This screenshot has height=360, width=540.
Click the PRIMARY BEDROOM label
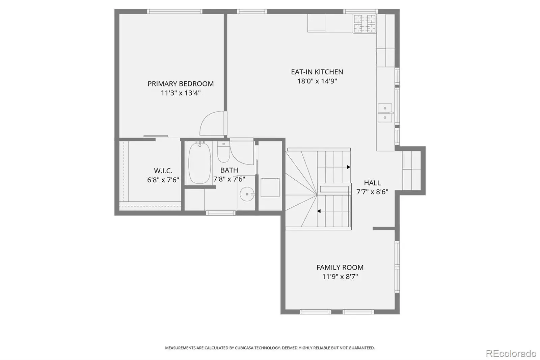181,84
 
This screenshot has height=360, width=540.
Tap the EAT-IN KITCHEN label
317,72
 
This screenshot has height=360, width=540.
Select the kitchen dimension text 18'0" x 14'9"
317,81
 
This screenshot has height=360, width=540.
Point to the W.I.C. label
163,171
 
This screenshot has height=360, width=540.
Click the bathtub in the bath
199,163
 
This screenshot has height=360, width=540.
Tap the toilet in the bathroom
223,152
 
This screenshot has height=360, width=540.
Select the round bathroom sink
247,194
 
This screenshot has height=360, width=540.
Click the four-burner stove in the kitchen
364,24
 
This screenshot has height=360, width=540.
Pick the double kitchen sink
385,113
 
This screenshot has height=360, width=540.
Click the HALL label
372,183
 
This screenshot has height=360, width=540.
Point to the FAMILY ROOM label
340,267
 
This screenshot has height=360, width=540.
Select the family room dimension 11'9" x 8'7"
340,277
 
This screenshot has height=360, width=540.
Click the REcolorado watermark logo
511,354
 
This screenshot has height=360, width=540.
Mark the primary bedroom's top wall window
175,11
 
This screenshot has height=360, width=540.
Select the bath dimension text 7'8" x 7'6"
229,179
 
